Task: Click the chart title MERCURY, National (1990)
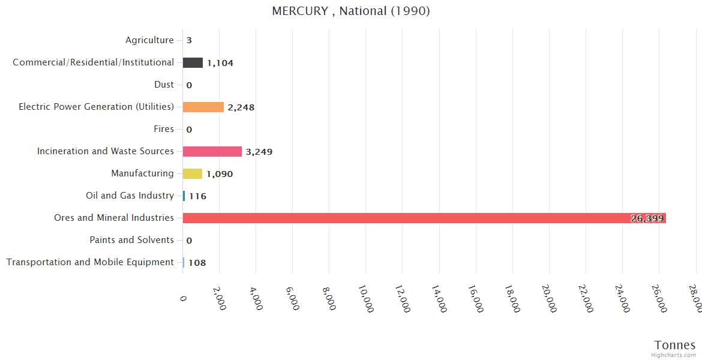(351, 11)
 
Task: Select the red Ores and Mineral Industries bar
(424, 218)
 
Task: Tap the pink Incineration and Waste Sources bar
(212, 151)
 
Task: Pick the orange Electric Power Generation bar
(203, 107)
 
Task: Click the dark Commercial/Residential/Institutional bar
(193, 62)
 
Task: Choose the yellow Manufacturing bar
(193, 173)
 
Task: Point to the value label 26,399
(647, 218)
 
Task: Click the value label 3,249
(259, 152)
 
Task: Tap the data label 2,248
(241, 107)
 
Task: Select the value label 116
(197, 196)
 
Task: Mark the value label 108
(197, 263)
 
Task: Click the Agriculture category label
(149, 40)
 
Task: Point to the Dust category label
(164, 85)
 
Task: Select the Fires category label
(164, 129)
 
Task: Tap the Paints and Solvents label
(131, 240)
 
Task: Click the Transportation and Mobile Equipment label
(90, 262)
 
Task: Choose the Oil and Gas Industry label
(130, 196)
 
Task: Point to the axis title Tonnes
(675, 345)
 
